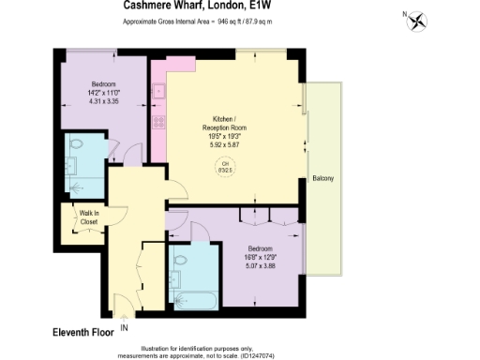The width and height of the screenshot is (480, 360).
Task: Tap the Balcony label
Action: [322, 178]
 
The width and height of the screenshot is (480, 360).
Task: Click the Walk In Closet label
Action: [88, 217]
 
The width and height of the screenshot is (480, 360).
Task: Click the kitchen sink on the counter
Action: [159, 94]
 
